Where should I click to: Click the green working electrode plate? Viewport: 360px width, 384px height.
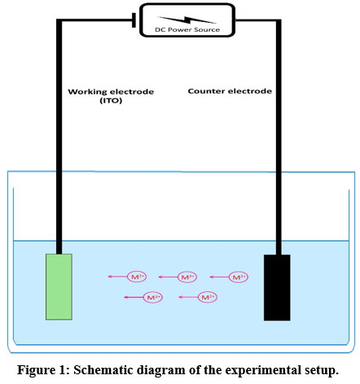tap(59, 286)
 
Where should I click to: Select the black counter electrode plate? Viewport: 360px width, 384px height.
tap(276, 287)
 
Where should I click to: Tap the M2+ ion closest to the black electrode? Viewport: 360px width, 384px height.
tap(238, 277)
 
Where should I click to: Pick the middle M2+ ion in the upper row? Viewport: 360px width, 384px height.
tap(187, 277)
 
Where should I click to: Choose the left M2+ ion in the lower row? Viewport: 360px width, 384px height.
tap(151, 298)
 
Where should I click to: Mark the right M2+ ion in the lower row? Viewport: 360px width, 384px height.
tap(207, 298)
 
